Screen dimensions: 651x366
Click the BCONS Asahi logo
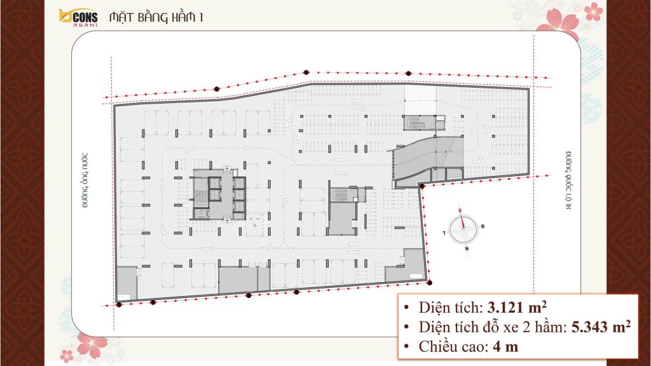(78, 18)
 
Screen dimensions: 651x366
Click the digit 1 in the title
(201, 17)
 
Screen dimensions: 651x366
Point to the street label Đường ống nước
(85, 180)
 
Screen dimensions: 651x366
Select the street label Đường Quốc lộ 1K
(568, 180)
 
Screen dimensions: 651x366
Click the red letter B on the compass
(460, 211)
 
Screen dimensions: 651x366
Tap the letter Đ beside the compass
(483, 226)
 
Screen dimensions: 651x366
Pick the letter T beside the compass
(444, 233)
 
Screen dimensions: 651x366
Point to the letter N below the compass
(467, 249)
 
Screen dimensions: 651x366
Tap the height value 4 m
(505, 346)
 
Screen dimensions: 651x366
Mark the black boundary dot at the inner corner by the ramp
(422, 187)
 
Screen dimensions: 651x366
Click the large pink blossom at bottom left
(92, 345)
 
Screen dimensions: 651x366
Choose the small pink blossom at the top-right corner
(593, 11)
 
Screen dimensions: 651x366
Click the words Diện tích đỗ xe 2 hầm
(491, 327)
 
